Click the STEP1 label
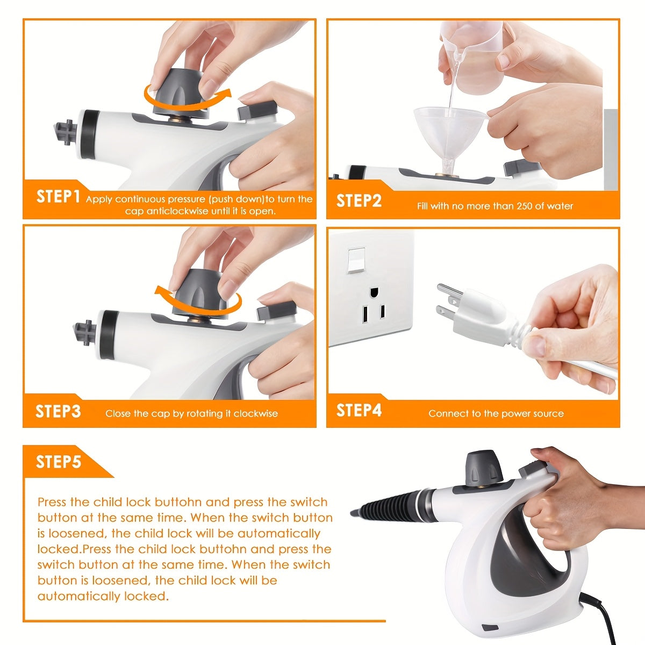(58, 197)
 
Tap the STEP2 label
(359, 200)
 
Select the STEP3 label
(58, 412)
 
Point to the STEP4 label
(359, 411)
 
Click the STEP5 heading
(58, 462)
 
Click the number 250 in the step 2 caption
(525, 206)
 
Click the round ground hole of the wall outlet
(373, 293)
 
